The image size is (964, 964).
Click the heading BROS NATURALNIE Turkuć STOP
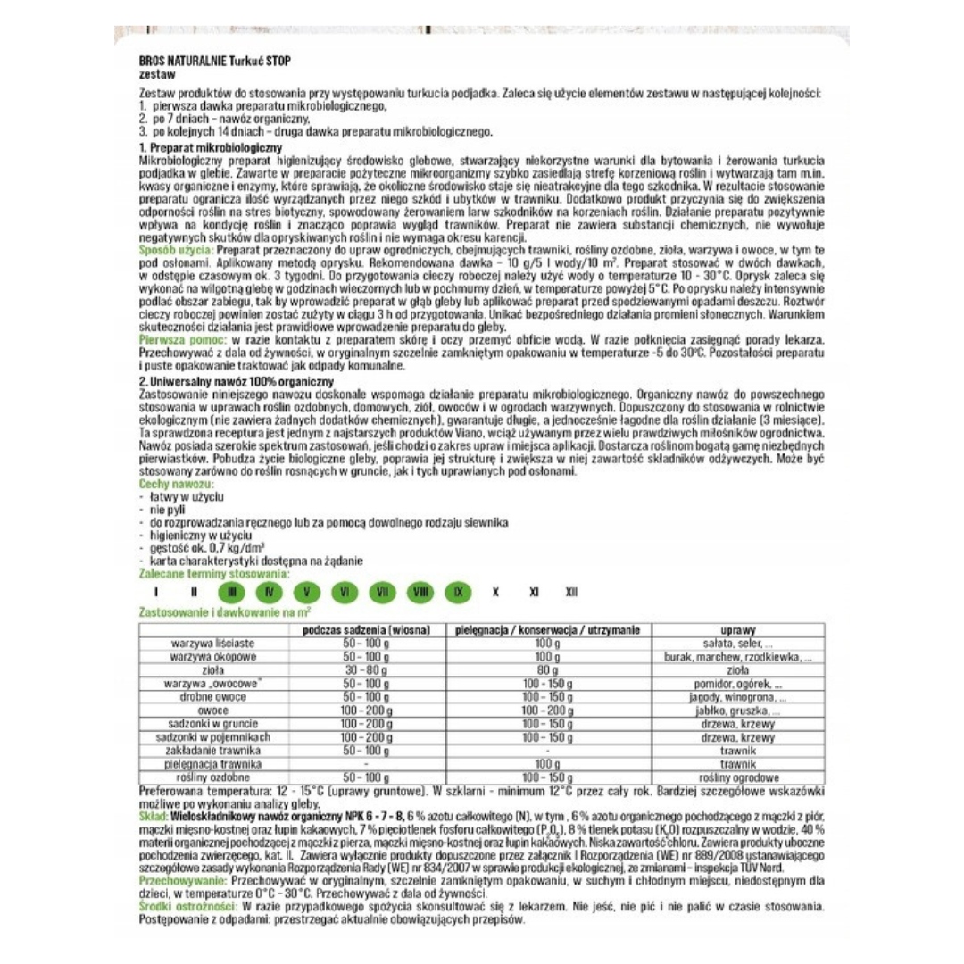214,60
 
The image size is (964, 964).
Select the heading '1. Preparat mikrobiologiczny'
211,146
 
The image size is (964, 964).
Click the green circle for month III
232,592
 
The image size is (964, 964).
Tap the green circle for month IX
458,592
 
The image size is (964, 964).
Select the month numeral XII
571,592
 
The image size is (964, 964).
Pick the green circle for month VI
345,592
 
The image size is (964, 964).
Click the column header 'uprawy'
737,630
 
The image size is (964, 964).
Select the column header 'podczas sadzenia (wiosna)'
366,630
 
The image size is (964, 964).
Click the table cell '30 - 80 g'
366,669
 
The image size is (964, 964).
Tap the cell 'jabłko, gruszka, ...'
738,711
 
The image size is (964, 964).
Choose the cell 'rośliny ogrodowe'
738,777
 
